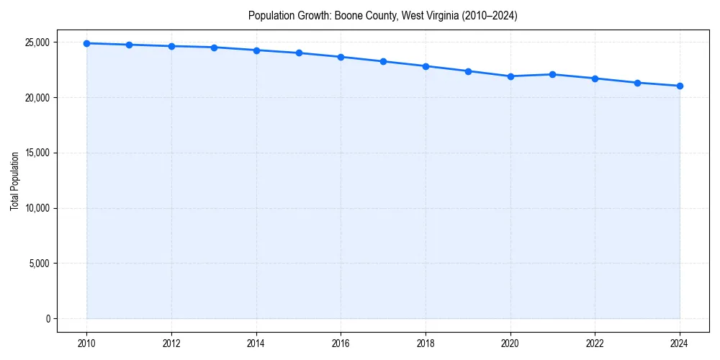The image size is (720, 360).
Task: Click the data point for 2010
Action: coord(86,43)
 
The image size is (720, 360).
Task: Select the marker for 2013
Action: coord(214,48)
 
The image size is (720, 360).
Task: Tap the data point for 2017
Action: coord(383,61)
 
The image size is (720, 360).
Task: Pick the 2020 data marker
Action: coord(510,76)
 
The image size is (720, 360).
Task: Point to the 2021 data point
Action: coord(552,74)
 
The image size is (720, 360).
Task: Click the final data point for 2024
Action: coord(680,86)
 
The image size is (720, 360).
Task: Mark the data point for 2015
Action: coord(299,53)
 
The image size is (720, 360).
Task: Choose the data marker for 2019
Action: coord(468,71)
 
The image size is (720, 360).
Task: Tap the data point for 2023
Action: coord(637,83)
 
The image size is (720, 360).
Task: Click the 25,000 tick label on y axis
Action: coord(37,42)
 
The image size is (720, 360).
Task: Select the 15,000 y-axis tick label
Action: coord(37,153)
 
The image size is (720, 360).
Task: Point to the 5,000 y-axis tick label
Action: coord(39,264)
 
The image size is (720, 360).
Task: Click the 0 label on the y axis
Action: coord(47,319)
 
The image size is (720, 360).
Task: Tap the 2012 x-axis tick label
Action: coord(171,343)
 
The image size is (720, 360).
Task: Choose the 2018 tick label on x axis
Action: coord(426,343)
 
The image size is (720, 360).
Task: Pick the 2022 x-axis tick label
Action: coord(595,343)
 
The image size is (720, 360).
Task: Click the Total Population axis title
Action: coord(14,181)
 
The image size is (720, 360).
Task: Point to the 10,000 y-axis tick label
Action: coord(37,208)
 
